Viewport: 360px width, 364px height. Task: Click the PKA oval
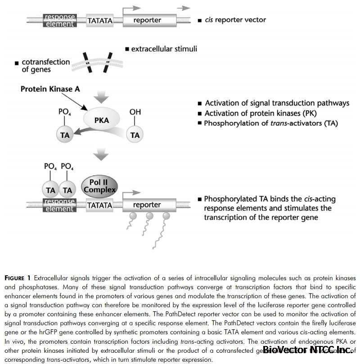103,120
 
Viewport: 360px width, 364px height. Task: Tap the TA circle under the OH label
135,135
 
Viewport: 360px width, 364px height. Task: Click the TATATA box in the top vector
100,20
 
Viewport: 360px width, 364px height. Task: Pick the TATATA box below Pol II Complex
100,205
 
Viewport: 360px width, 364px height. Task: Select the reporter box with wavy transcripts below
147,205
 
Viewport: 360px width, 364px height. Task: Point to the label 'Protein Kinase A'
50,89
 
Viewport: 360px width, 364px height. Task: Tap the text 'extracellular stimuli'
164,49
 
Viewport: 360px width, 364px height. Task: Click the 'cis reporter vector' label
235,20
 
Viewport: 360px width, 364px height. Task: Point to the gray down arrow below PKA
103,155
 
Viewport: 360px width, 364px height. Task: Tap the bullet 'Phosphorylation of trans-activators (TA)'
270,123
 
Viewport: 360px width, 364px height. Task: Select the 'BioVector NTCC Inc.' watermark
307,350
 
